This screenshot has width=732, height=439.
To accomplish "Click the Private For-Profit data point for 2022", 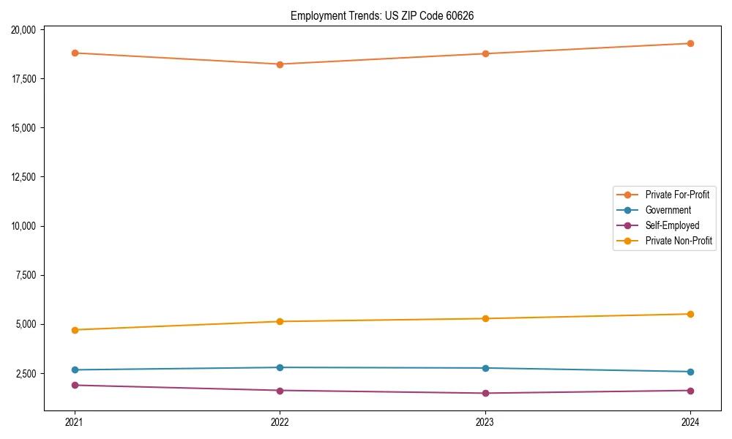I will (280, 64).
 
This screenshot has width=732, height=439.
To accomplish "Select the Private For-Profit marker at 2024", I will (690, 43).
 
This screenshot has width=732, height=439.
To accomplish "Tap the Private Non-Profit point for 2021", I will (75, 330).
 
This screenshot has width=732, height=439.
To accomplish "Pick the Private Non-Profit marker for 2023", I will (485, 318).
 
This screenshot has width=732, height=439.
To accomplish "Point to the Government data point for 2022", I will (280, 367).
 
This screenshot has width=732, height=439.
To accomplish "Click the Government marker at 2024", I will (690, 372).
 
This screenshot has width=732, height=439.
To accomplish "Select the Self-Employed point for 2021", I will (75, 385).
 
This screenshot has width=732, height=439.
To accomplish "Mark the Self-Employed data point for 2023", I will (485, 393).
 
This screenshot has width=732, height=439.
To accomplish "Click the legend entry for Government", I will (668, 210).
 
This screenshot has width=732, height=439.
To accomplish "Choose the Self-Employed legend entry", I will (672, 225).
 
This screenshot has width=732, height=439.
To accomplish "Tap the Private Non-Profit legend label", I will (679, 241).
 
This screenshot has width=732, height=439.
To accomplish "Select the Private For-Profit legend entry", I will (677, 195).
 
